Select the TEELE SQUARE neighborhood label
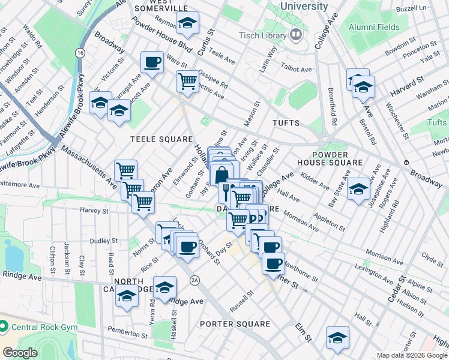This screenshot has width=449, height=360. [152, 139]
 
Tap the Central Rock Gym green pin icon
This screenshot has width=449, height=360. [4, 327]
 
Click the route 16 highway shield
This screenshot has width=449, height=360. [80, 53]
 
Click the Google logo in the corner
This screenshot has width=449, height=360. [20, 353]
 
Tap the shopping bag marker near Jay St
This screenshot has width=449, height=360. [221, 175]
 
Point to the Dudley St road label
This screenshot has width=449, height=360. [106, 241]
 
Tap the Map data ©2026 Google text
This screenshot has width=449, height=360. [412, 355]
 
